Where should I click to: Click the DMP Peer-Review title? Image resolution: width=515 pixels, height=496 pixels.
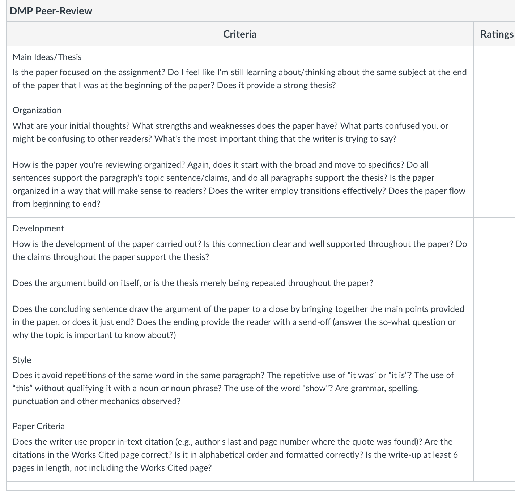coord(51,11)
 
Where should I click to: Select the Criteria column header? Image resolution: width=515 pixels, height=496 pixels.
coord(240,34)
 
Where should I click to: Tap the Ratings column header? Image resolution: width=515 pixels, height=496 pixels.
coord(497,34)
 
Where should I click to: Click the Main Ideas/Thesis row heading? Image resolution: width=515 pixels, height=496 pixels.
coord(47,57)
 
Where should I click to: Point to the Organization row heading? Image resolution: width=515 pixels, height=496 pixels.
coord(37,110)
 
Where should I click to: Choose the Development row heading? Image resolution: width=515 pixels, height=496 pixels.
coord(38,228)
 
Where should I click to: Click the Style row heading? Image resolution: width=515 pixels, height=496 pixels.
coord(22,360)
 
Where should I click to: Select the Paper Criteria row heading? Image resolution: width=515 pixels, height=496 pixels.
coord(39,426)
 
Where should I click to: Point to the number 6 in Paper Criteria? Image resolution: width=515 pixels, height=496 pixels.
coord(455,455)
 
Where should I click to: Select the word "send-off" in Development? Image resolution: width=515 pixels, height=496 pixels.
coord(314,322)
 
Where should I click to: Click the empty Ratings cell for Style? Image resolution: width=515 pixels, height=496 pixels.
coord(494,382)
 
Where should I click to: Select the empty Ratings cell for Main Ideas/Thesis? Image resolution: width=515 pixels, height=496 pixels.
coord(494,72)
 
